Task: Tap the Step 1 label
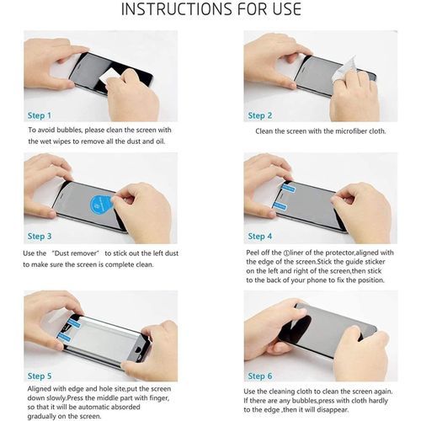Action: click(x=40, y=115)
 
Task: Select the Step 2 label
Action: click(x=260, y=115)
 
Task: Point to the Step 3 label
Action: click(x=40, y=237)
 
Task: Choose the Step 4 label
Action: click(x=260, y=237)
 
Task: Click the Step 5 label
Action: click(x=40, y=376)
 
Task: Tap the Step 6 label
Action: click(x=260, y=376)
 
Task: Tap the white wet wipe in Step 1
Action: click(x=108, y=76)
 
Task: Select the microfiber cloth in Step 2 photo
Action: click(x=343, y=70)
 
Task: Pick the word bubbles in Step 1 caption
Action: click(x=69, y=130)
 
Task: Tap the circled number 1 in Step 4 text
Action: click(x=286, y=253)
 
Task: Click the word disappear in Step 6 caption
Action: click(x=333, y=410)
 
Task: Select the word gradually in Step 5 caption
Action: click(x=41, y=417)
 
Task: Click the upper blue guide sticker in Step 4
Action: click(x=289, y=188)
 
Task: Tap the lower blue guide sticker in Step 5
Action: click(x=64, y=337)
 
